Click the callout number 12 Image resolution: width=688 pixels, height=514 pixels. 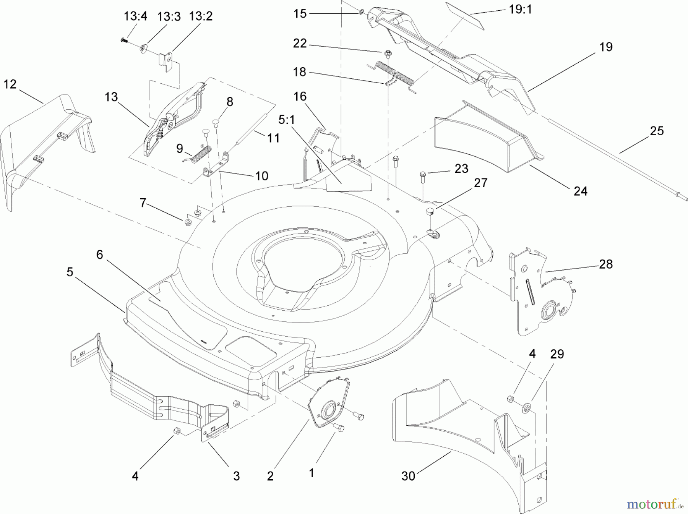(10, 84)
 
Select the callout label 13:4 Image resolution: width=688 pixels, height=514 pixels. (135, 16)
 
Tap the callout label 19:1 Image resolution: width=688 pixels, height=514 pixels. (520, 10)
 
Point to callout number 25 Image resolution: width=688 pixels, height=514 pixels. (657, 131)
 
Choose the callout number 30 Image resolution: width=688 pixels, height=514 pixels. (408, 476)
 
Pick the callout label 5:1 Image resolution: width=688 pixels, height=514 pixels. (286, 120)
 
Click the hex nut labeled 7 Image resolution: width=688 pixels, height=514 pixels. (188, 222)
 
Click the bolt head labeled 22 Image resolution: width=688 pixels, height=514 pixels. (387, 52)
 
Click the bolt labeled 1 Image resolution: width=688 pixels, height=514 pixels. (338, 428)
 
